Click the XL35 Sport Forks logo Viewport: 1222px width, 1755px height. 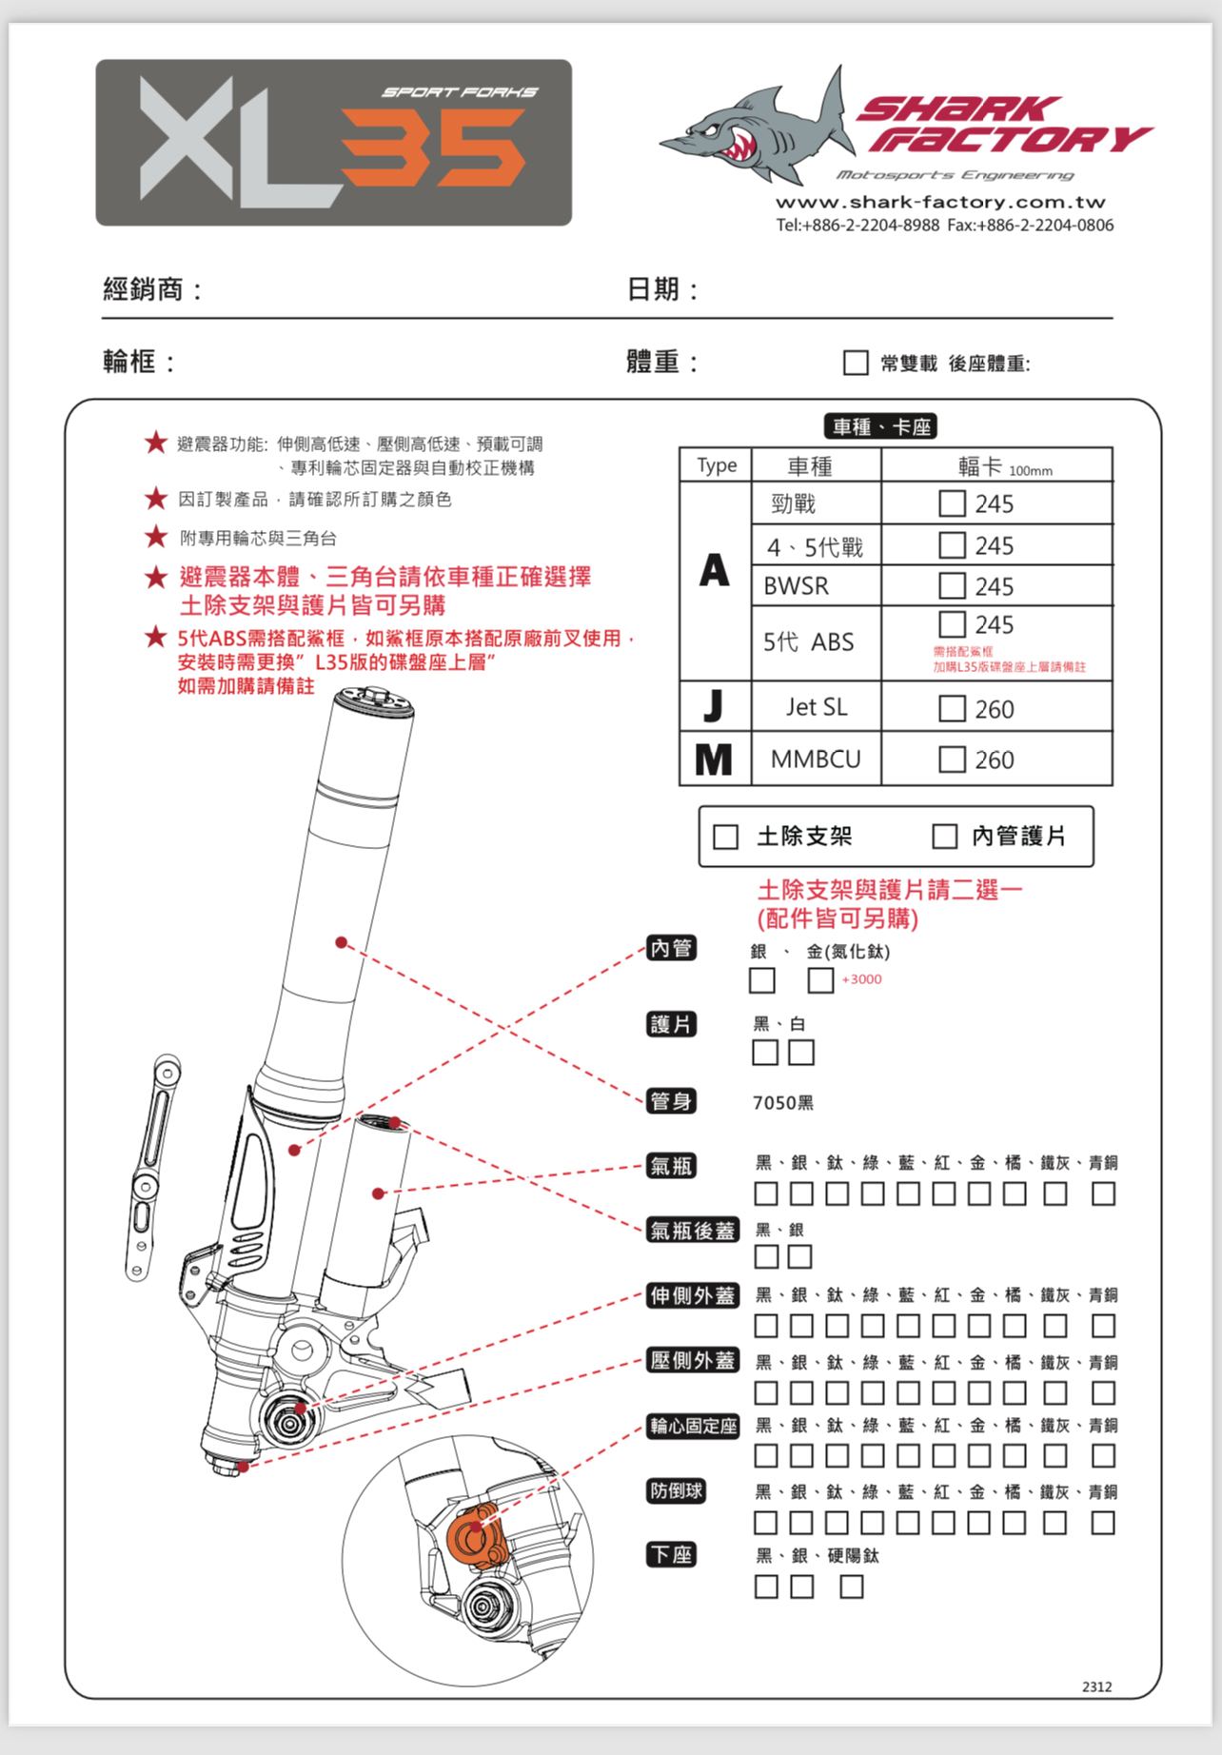[x=333, y=143]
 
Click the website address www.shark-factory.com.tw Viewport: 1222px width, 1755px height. [x=940, y=202]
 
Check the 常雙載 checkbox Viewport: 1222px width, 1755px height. [x=856, y=363]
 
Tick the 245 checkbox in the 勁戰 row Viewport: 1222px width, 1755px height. [x=952, y=503]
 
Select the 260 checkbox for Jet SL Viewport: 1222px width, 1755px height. [x=952, y=708]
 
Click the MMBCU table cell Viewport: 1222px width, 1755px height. [x=816, y=759]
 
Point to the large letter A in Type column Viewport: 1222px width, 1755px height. [x=715, y=571]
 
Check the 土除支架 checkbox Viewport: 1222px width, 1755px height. [x=726, y=837]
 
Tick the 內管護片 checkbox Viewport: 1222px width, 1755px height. [x=944, y=837]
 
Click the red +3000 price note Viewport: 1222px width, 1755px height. [x=861, y=979]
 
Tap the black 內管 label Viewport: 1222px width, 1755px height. [x=671, y=948]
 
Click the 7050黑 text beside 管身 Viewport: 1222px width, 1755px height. [x=782, y=1102]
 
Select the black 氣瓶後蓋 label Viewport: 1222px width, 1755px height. [x=693, y=1231]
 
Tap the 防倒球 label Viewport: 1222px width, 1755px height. [x=676, y=1490]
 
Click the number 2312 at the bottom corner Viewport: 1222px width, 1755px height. [x=1096, y=1686]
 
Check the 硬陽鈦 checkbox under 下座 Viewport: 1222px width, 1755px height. [x=852, y=1587]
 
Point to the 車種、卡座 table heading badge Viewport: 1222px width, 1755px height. [x=880, y=426]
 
